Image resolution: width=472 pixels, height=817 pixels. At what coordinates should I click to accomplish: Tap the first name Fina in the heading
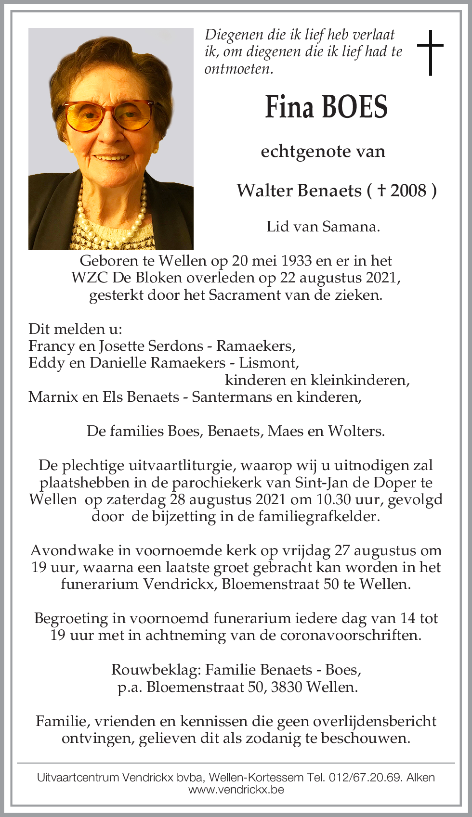[x=289, y=107]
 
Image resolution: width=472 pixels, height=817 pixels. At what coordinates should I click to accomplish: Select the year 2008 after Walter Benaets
[x=408, y=191]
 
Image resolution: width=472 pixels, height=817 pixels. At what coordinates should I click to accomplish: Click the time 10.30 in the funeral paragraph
[x=333, y=499]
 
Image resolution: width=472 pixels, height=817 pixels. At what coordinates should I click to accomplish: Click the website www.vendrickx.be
[x=236, y=790]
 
